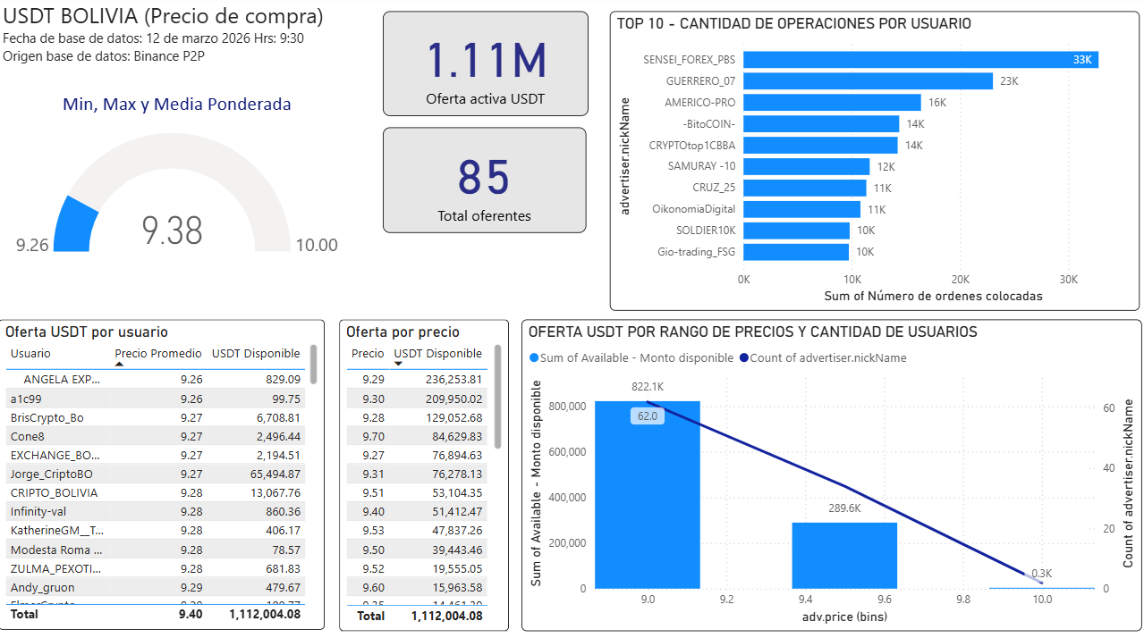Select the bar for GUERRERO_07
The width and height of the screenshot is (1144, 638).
point(868,81)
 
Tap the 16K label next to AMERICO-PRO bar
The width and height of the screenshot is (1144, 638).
point(936,103)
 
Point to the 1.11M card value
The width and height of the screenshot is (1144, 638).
point(486,60)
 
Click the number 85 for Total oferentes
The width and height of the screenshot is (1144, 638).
point(484,177)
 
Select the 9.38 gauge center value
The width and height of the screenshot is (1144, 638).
point(173,231)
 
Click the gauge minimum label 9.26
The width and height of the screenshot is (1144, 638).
point(32,245)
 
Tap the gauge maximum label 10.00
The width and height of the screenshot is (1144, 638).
point(317,245)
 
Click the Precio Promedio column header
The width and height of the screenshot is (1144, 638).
point(158,354)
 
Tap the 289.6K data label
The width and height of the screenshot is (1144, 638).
point(844,508)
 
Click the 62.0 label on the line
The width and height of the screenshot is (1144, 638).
point(647,416)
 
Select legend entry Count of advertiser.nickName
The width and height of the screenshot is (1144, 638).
point(822,358)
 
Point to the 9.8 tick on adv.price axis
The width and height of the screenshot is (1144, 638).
point(963,600)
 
